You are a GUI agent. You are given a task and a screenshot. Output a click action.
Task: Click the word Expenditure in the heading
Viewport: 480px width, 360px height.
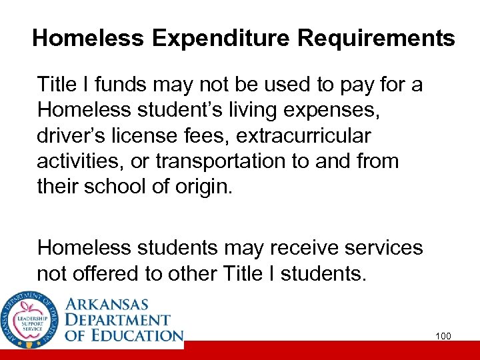pos(222,39)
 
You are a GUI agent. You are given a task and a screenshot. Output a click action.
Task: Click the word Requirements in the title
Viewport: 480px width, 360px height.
pos(376,39)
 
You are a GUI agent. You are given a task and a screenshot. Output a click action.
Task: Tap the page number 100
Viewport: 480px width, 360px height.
pos(443,336)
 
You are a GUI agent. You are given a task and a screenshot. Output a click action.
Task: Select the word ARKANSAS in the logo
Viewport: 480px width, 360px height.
pos(115,304)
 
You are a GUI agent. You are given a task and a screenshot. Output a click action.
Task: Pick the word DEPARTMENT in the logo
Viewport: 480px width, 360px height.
pos(118,320)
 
